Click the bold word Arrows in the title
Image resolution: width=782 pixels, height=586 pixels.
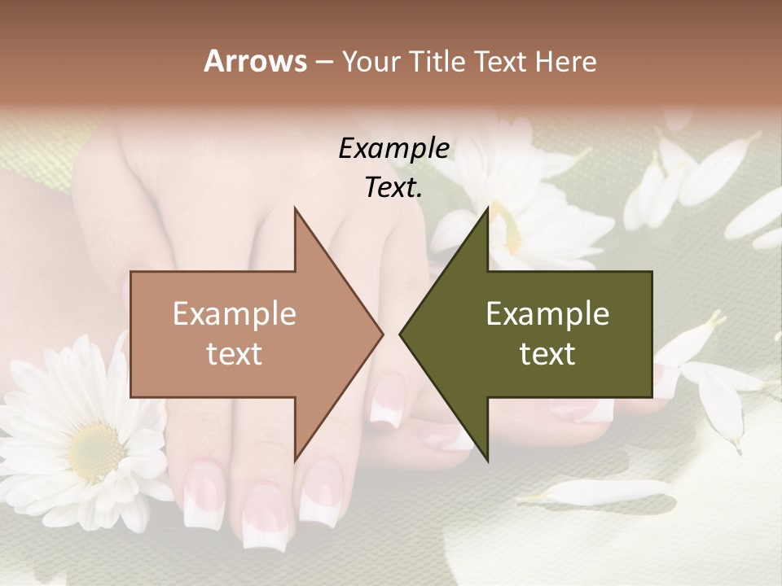[255, 61]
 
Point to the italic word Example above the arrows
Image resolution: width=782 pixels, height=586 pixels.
[393, 149]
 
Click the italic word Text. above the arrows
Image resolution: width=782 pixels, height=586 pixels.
[393, 188]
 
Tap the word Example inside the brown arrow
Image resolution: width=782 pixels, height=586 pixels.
[235, 314]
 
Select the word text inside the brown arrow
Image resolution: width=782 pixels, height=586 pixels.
[235, 354]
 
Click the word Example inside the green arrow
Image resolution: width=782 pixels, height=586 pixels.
[547, 314]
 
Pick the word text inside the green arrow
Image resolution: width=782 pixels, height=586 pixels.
[547, 354]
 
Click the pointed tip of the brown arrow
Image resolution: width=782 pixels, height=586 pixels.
[383, 334]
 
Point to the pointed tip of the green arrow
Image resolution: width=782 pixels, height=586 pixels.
[400, 334]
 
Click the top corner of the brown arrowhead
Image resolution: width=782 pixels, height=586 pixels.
[295, 208]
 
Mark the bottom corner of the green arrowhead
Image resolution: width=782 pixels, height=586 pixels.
[487, 461]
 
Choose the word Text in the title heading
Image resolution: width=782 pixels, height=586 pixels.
[499, 62]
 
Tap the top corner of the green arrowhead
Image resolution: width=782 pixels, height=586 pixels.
[487, 208]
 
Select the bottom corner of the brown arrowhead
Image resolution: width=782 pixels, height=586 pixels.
[295, 461]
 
